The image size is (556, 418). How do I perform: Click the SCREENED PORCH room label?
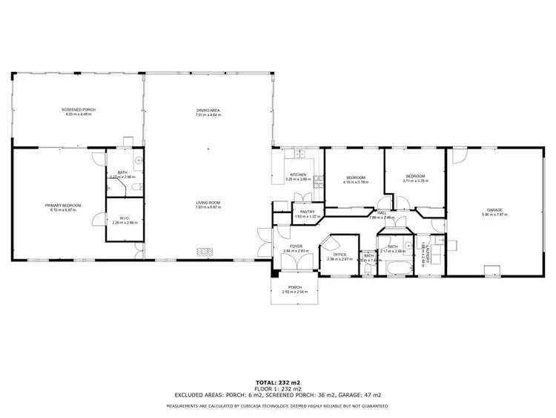pyautogui.click(x=79, y=109)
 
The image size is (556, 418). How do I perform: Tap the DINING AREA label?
pyautogui.click(x=208, y=110)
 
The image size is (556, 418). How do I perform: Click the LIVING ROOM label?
pyautogui.click(x=208, y=203)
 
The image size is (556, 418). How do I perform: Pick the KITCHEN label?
pyautogui.click(x=298, y=174)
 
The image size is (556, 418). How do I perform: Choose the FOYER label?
pyautogui.click(x=296, y=246)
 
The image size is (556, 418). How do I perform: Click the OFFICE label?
pyautogui.click(x=340, y=255)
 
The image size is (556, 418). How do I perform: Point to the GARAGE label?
pyautogui.click(x=495, y=210)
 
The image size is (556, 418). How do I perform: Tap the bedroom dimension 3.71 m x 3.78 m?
pyautogui.click(x=414, y=180)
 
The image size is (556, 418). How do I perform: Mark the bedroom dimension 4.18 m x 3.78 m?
pyautogui.click(x=356, y=180)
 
